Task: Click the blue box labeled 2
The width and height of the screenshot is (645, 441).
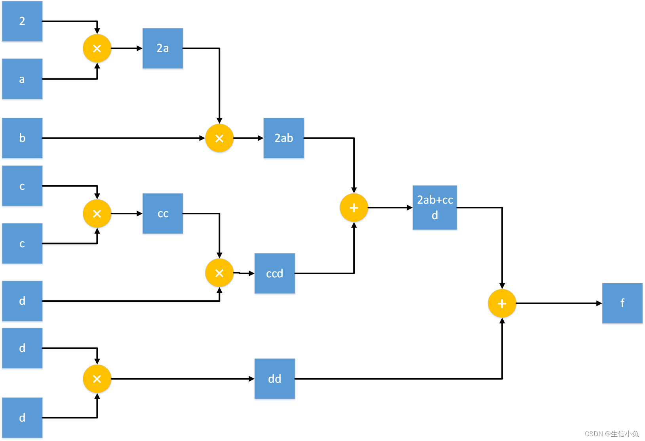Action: point(22,21)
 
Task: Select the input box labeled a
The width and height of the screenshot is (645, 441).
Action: point(22,79)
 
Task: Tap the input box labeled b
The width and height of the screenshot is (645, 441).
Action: point(22,138)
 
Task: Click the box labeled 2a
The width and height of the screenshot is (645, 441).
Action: point(163,48)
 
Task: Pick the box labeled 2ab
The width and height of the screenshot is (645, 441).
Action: point(284,138)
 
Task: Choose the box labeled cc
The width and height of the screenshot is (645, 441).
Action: point(163,214)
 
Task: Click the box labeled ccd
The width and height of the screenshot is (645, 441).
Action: point(274,273)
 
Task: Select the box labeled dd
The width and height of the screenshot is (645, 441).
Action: point(274,379)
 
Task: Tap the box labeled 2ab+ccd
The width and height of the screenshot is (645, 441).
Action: point(435,208)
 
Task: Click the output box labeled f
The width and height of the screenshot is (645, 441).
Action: point(622,303)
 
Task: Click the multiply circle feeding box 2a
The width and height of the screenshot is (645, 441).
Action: point(97,48)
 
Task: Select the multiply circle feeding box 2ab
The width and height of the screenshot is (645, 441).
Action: point(219,138)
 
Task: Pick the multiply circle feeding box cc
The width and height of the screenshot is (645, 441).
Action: point(97,214)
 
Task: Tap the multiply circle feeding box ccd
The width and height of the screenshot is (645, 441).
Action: point(219,273)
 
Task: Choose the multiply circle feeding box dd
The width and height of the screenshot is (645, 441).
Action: point(97,379)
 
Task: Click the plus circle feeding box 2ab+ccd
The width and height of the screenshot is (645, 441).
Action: point(354,208)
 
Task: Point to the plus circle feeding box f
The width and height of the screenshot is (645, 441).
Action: point(502,304)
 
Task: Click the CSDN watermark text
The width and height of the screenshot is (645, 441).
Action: point(612,433)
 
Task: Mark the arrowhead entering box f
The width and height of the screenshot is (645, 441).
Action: point(599,304)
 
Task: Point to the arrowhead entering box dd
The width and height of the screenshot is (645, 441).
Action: point(251,379)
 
